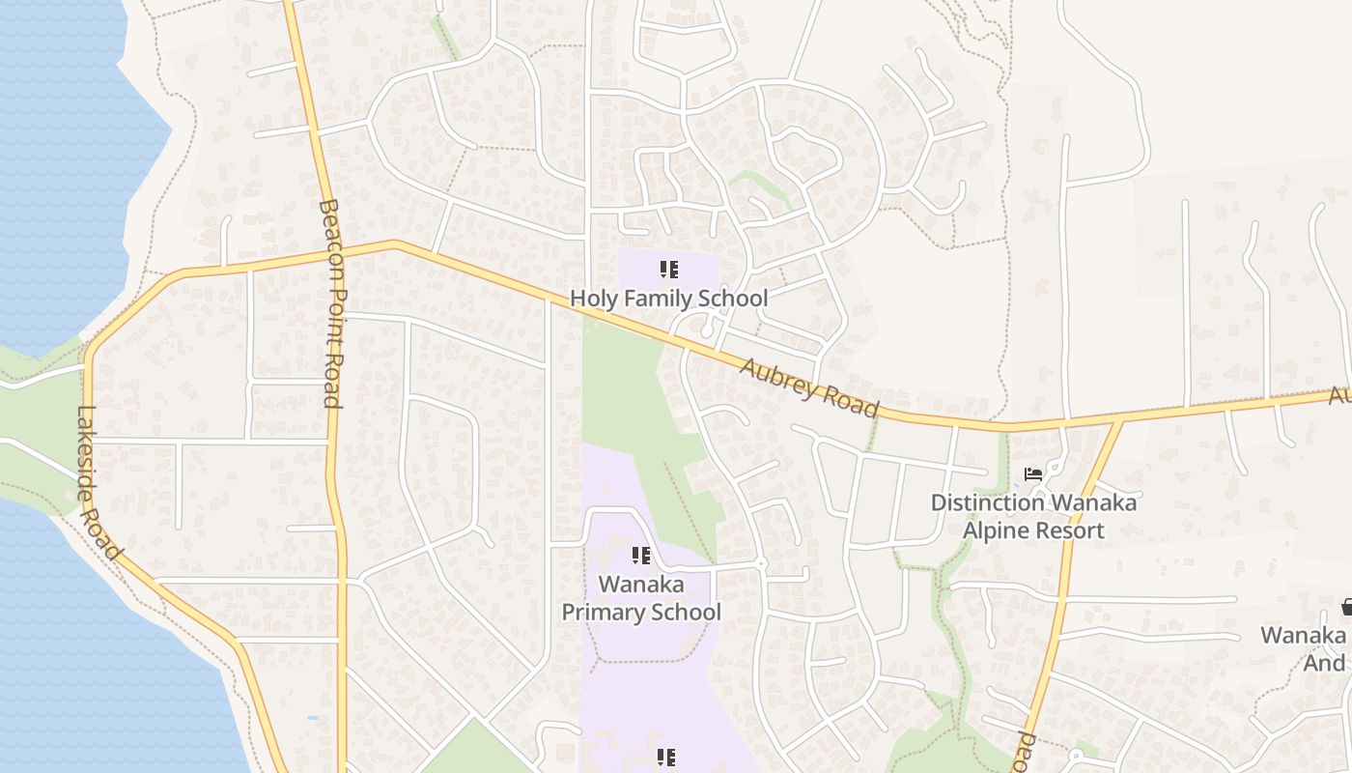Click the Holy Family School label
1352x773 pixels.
coord(668,299)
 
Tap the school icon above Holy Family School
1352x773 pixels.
coord(668,270)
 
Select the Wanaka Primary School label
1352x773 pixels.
coord(641,598)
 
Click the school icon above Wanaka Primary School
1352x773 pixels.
coord(640,556)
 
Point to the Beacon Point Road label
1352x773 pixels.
coord(330,303)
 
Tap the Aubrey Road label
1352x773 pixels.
coord(809,387)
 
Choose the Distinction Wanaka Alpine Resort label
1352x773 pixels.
coord(1033,517)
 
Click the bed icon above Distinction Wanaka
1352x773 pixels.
coord(1033,474)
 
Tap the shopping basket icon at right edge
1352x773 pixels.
coord(1346,607)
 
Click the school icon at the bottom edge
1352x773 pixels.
coord(665,758)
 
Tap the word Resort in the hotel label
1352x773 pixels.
coord(1069,530)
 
